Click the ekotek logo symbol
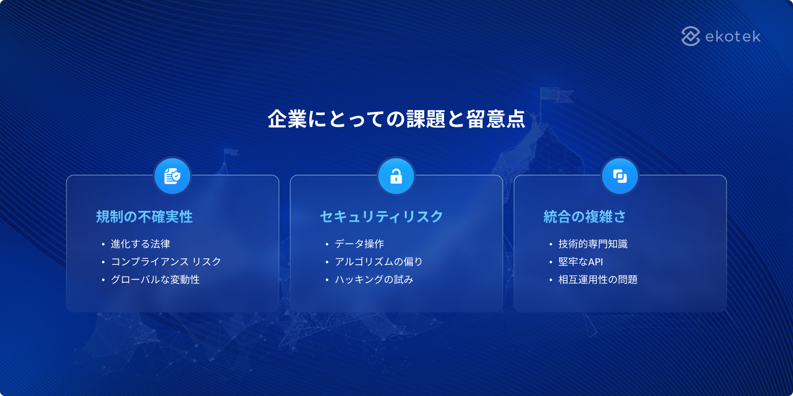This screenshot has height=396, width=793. click(x=690, y=36)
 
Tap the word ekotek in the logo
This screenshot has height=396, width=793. click(x=733, y=37)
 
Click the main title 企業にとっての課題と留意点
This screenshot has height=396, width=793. click(x=396, y=119)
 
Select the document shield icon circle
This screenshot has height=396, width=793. click(x=172, y=176)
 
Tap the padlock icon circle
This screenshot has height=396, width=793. click(x=396, y=176)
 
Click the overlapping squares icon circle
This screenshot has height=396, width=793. click(x=620, y=176)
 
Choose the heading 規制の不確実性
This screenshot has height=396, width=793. click(x=144, y=217)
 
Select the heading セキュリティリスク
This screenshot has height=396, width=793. click(x=381, y=217)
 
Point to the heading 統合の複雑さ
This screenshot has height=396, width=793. click(x=584, y=217)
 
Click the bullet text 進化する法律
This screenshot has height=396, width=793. click(x=140, y=244)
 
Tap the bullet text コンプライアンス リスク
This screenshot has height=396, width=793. click(x=166, y=262)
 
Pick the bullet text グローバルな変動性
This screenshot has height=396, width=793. click(x=155, y=280)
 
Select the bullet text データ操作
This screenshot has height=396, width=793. click(x=359, y=244)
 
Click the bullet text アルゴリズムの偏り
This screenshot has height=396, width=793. click(x=379, y=262)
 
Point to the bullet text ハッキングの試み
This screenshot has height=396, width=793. click(x=374, y=280)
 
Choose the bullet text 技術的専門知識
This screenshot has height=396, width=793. click(x=593, y=244)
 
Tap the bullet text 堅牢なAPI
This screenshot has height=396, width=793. click(x=580, y=262)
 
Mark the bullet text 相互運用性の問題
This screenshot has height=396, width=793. click(x=598, y=280)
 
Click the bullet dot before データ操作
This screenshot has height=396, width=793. click(x=327, y=245)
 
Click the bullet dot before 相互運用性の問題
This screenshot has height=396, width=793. click(x=551, y=280)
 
